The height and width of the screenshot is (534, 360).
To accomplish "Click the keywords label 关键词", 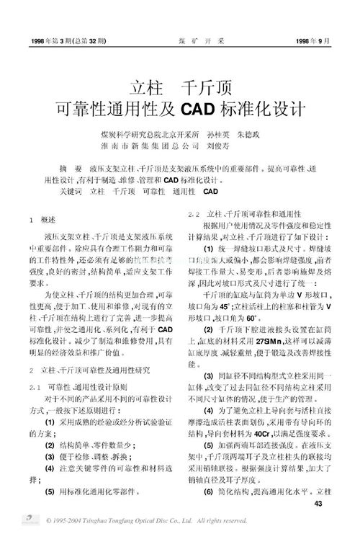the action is tap(71, 192).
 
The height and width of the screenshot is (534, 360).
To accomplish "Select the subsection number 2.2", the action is tap(193, 215).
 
